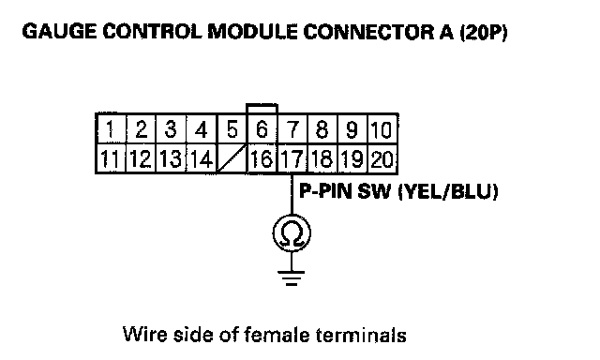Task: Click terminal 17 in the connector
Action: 292,158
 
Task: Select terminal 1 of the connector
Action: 111,129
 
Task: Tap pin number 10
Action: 382,129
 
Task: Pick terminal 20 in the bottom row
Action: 382,158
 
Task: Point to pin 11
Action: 111,158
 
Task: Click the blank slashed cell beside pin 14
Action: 232,158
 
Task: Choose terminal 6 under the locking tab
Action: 262,129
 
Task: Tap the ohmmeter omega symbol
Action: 292,233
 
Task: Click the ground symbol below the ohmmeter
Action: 292,278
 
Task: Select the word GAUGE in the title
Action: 59,32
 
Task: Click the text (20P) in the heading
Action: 484,32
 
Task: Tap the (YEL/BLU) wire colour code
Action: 448,191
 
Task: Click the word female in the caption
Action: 277,335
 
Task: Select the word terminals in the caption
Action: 361,335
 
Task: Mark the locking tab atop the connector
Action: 262,108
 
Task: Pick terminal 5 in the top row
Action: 232,129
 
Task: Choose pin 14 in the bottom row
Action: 202,158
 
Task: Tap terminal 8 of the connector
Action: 322,129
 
